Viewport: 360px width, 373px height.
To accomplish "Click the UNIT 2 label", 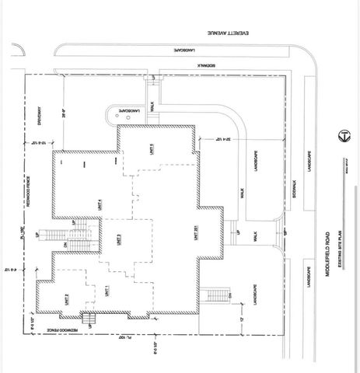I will [x=67, y=299].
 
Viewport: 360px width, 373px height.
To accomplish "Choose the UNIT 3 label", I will [x=118, y=242].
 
